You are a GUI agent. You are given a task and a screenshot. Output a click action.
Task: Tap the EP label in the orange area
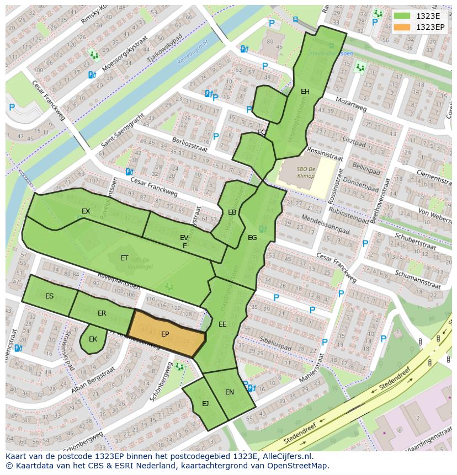[x=165, y=334]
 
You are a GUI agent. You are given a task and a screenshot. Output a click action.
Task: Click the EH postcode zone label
[x=305, y=92]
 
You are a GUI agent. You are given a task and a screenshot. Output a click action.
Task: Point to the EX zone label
[x=86, y=211]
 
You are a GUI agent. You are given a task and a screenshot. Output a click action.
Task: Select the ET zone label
[x=124, y=258]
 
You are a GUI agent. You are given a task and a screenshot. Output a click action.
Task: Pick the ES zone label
[x=49, y=296]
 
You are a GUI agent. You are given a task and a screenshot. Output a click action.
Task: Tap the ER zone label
[x=102, y=313]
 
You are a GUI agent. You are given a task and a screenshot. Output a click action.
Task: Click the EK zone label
[x=93, y=339]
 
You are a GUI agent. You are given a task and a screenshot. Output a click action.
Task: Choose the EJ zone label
[x=205, y=404]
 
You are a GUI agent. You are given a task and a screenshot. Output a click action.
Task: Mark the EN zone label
[x=230, y=392]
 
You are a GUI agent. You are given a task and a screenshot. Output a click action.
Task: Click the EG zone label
[x=252, y=238]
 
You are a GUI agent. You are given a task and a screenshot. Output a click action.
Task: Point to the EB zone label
[x=232, y=212]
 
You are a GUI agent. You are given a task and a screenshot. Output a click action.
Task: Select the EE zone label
[x=222, y=324]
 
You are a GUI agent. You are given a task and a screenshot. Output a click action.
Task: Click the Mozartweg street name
[x=352, y=105]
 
